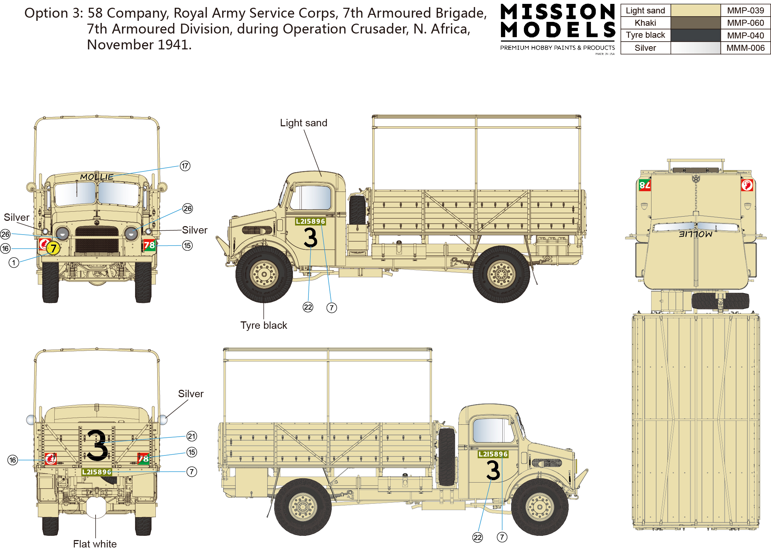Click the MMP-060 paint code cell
[x=745, y=23]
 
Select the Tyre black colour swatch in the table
[x=695, y=35]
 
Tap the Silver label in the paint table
[x=645, y=48]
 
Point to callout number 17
[x=185, y=166]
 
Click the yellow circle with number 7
[x=53, y=248]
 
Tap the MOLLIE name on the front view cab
[x=97, y=177]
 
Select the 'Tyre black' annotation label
[x=264, y=325]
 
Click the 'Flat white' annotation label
[x=95, y=544]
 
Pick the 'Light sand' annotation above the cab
[x=304, y=123]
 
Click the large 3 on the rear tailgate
[x=97, y=445]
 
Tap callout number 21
[x=192, y=436]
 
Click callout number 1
[x=14, y=263]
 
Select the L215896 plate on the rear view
[x=97, y=472]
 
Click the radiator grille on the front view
[x=97, y=240]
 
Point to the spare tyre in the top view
[x=720, y=301]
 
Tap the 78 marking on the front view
[x=149, y=245]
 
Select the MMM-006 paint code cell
[x=745, y=48]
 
